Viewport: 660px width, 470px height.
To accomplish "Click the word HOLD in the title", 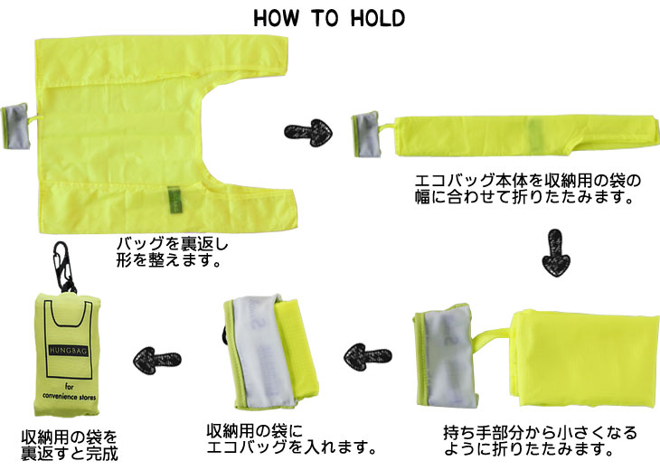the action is click(x=378, y=18).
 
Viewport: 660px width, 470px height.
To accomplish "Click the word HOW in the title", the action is click(x=277, y=18).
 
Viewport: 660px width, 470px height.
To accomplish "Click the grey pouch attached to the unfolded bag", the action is click(x=15, y=127).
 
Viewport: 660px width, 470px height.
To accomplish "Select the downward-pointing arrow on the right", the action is click(x=555, y=253).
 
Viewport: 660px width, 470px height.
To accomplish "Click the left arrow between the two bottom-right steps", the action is click(x=367, y=357).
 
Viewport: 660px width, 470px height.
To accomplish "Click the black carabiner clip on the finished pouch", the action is click(x=64, y=267).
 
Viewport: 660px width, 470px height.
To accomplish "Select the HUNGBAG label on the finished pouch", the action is click(x=69, y=351).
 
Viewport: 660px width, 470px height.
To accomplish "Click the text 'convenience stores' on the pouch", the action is click(x=69, y=396).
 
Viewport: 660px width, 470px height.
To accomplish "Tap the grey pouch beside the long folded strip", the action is click(x=367, y=135).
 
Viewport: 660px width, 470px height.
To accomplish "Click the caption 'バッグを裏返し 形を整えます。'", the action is click(x=172, y=252).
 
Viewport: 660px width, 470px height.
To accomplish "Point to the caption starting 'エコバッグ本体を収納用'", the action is click(x=527, y=189).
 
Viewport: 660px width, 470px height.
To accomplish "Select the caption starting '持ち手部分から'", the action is click(x=540, y=440).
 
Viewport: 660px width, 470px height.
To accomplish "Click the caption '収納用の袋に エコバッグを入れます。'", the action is click(x=291, y=438).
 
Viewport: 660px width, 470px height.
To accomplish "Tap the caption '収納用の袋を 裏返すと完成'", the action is click(x=70, y=446).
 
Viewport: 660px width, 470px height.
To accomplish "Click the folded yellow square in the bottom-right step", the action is click(x=585, y=359).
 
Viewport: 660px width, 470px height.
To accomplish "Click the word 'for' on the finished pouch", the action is click(x=69, y=386).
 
